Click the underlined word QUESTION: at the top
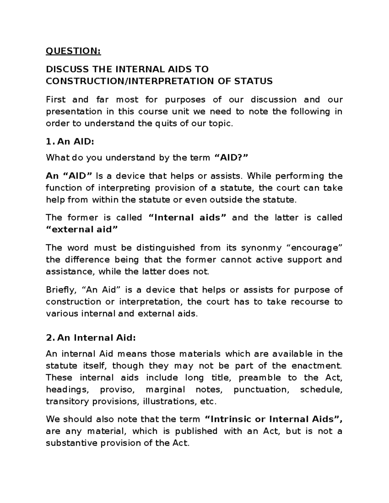(73, 51)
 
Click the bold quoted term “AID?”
(231, 158)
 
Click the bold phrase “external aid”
(82, 230)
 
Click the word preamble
(260, 378)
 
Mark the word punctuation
(261, 390)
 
